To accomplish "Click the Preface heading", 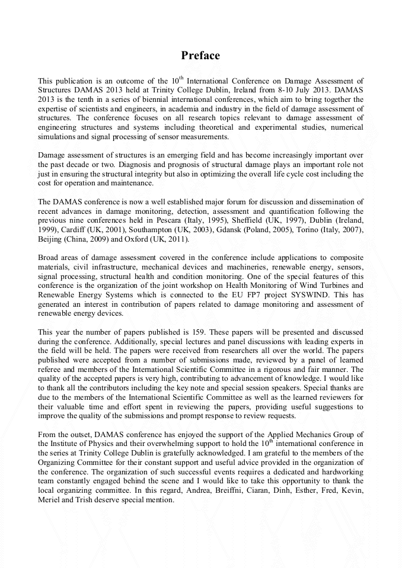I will (200, 56).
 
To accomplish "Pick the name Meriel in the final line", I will (50, 499).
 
